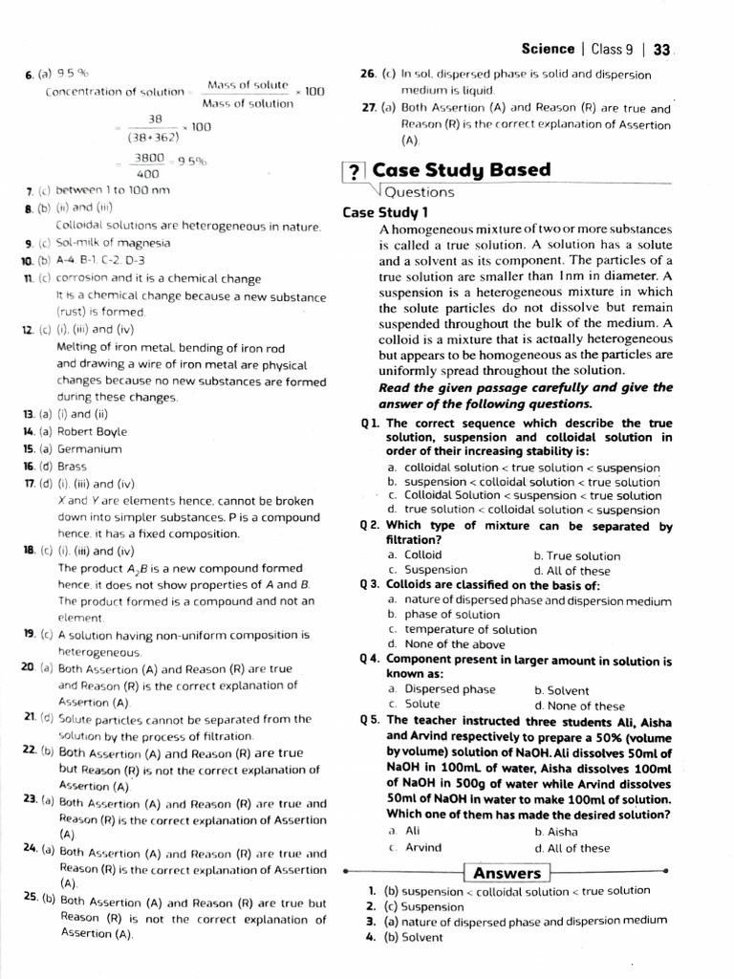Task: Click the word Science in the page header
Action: point(548,49)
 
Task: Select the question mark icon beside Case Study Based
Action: point(354,172)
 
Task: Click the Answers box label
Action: point(507,873)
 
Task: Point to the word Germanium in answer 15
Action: point(90,448)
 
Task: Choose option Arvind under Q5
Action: point(423,847)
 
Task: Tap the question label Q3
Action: point(371,585)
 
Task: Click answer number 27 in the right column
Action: point(369,108)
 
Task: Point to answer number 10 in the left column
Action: point(28,260)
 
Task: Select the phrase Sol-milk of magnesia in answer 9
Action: point(114,243)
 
